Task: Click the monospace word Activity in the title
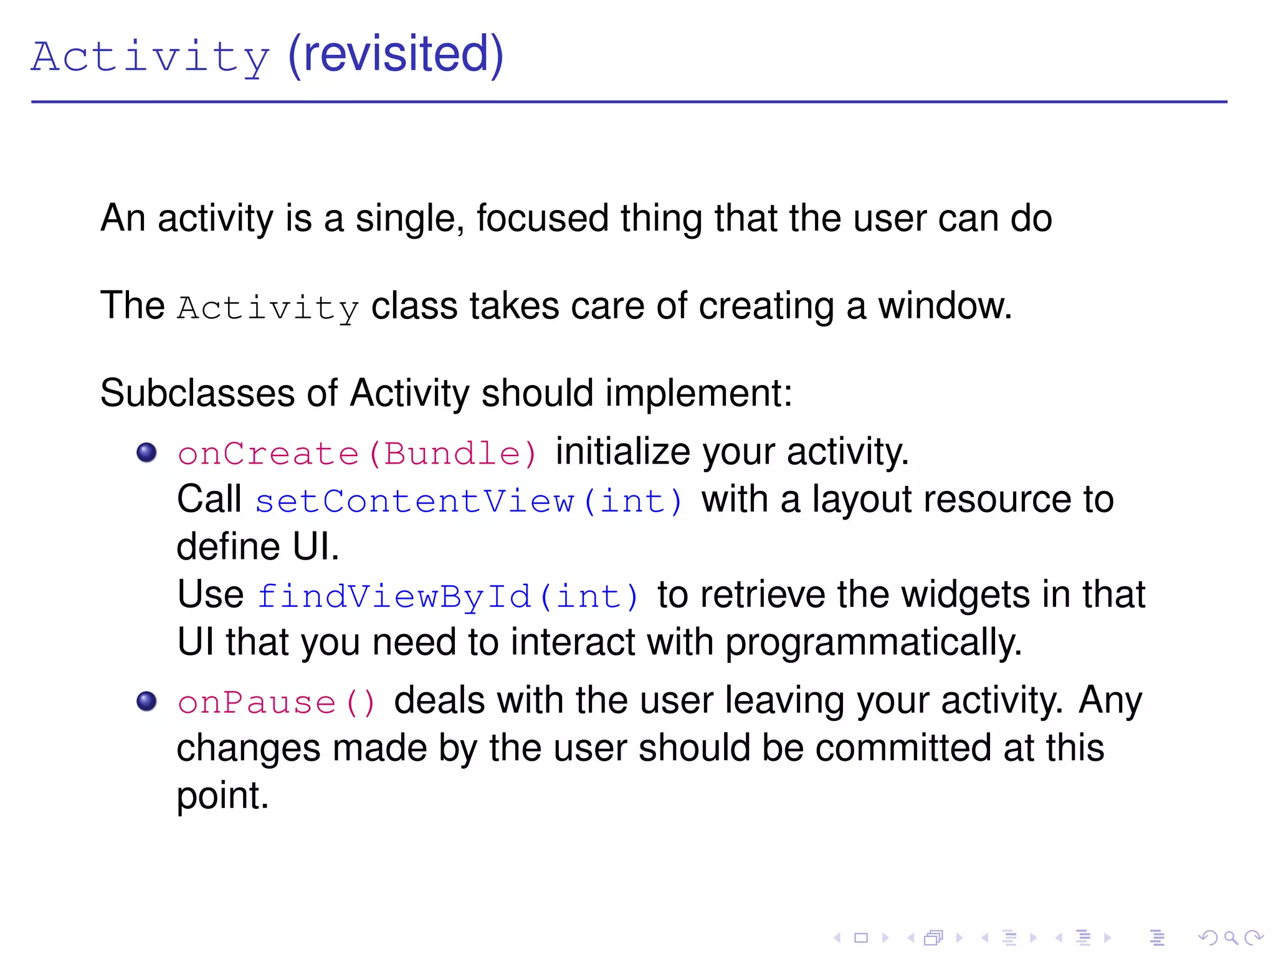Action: [151, 57]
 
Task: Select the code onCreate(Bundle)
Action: [357, 453]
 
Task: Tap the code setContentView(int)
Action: [469, 501]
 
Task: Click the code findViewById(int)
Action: [448, 596]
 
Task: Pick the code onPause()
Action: [277, 703]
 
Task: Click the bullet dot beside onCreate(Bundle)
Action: [146, 452]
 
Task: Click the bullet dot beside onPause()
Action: [146, 702]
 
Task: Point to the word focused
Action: [542, 218]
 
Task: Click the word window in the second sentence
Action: [944, 306]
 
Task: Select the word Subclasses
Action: [197, 394]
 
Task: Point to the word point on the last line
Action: [222, 796]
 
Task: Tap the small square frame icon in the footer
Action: [861, 938]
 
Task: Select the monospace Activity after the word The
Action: [268, 308]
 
